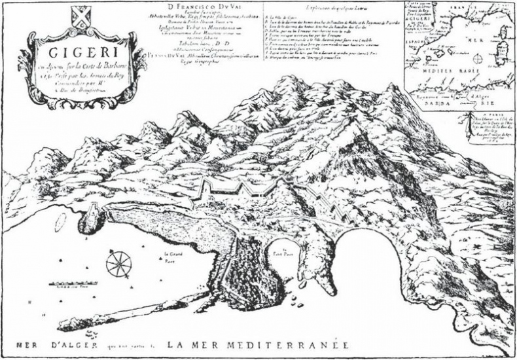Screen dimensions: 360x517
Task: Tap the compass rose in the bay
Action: coord(118,264)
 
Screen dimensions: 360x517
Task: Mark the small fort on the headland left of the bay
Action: coord(94,213)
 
